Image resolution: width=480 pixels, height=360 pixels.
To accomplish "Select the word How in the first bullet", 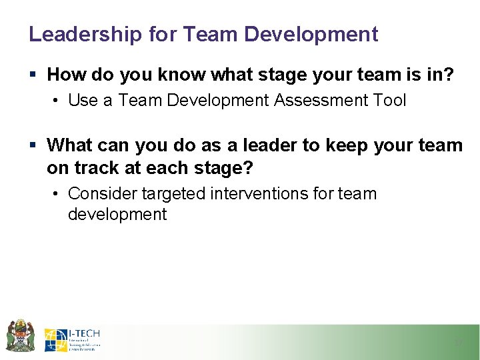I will [x=65, y=75].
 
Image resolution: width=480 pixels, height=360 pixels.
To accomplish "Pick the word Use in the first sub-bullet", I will [x=83, y=100].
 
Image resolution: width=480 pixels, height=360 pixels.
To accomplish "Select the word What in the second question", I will [x=70, y=145].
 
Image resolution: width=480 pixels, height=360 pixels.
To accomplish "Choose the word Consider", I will [x=103, y=194].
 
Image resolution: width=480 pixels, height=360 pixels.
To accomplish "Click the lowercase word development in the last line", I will [x=117, y=214].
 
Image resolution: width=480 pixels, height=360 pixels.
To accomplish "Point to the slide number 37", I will [x=458, y=343].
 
